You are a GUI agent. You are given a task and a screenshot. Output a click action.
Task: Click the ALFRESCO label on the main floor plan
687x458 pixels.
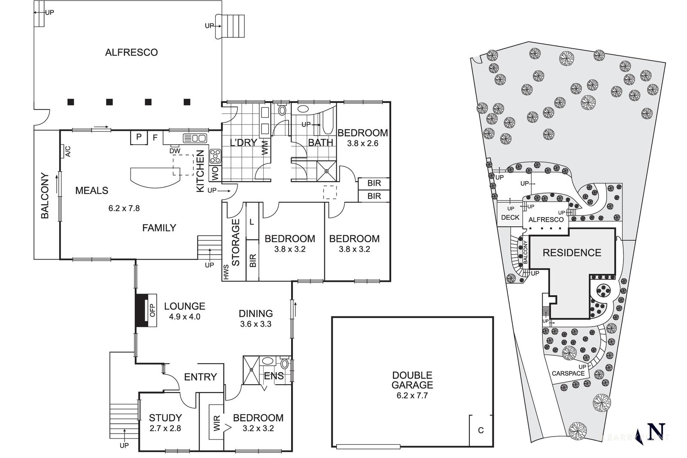coord(131,52)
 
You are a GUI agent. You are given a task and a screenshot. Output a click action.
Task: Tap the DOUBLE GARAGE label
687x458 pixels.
coord(412,380)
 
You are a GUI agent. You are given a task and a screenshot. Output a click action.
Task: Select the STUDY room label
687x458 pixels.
coord(165,418)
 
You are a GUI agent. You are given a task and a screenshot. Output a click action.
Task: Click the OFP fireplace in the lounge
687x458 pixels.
coord(151,310)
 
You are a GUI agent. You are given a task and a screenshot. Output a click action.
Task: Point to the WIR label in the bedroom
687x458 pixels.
coord(217,423)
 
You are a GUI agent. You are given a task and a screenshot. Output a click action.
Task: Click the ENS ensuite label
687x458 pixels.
coord(274,376)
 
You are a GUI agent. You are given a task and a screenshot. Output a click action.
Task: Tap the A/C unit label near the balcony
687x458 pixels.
coord(67,151)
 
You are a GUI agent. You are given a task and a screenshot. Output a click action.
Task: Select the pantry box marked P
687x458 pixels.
coord(139,137)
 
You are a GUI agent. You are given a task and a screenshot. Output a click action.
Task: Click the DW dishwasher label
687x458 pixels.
coord(174,151)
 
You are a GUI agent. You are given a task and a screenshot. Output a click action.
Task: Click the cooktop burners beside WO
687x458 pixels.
coord(215,156)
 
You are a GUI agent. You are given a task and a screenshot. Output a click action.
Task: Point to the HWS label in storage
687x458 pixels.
coord(226,272)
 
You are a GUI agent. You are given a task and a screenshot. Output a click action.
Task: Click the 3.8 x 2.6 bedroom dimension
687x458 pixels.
coord(363,143)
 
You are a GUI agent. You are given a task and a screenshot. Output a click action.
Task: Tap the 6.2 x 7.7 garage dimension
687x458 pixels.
coord(412,396)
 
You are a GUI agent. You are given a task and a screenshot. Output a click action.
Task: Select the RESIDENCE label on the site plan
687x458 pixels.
coord(571,253)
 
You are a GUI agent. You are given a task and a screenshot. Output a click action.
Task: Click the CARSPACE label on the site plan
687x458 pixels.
coord(568,373)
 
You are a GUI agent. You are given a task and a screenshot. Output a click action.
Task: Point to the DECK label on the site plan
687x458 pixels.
coord(510,218)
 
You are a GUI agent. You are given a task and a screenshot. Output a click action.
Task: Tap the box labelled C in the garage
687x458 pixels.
coord(480,430)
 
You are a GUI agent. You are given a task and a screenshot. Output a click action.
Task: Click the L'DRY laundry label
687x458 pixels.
coord(243,143)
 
